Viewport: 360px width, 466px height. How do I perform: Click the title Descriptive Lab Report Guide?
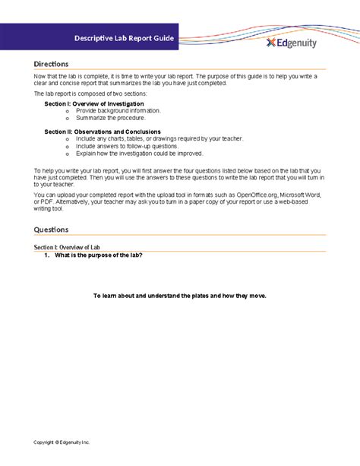(x=124, y=37)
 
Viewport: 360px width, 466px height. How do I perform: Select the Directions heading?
(x=52, y=65)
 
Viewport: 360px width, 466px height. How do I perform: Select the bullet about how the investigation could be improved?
(x=139, y=154)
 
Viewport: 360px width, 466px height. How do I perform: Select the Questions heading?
(x=52, y=230)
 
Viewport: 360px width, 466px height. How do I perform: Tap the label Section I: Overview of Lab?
(x=67, y=248)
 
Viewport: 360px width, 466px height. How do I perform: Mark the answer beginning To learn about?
(x=179, y=295)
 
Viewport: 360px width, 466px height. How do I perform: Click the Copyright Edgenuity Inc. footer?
(x=62, y=442)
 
